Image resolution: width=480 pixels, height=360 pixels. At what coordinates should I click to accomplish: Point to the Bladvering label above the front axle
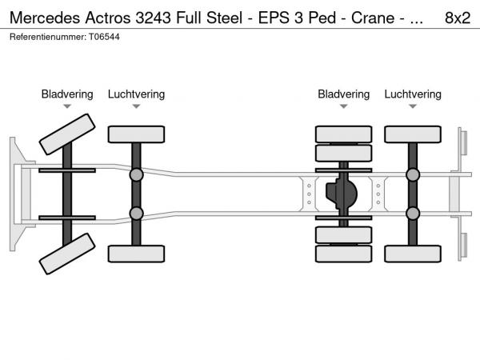67,94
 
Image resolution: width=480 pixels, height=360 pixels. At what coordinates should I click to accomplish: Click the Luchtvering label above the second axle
136,94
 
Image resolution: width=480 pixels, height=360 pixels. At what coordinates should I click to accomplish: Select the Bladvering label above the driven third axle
343,94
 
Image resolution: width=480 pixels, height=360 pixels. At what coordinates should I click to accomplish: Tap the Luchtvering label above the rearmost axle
412,94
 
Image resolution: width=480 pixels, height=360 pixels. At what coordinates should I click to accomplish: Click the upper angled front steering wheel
67,133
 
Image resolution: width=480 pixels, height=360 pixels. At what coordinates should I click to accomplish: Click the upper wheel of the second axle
136,134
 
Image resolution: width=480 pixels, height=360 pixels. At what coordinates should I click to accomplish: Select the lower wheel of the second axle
136,254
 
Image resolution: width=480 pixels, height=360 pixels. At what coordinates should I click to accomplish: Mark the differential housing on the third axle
343,194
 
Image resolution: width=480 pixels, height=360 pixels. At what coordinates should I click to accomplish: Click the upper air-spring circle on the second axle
136,174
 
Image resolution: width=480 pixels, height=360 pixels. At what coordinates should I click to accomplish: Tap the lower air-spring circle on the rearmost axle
413,213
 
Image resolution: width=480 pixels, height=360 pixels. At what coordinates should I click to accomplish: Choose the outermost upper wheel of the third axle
343,134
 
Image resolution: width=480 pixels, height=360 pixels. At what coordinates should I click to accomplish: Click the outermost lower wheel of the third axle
343,254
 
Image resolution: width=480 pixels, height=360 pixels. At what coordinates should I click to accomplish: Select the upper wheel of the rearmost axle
412,134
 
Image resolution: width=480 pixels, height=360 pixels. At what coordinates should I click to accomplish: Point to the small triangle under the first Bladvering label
67,106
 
